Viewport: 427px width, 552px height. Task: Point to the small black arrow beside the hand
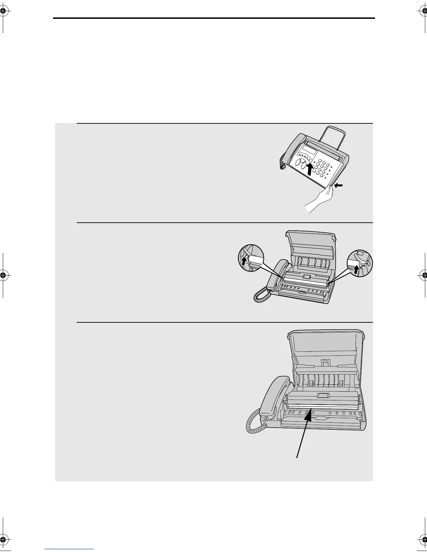pyautogui.click(x=338, y=186)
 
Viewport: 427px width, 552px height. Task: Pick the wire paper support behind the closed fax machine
pyautogui.click(x=333, y=136)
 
